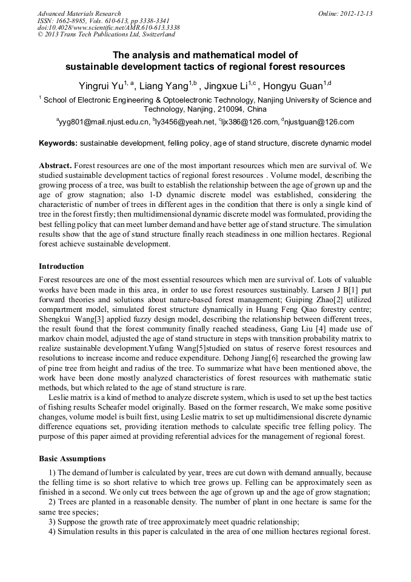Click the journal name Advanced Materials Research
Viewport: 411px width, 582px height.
point(79,13)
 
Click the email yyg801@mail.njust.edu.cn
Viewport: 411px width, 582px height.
point(103,122)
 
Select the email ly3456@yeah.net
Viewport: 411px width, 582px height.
point(185,122)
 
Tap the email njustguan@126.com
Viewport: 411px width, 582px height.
point(319,122)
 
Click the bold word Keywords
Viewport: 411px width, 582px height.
point(58,144)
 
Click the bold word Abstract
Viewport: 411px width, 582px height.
point(55,165)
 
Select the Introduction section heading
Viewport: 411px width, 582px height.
point(61,266)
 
